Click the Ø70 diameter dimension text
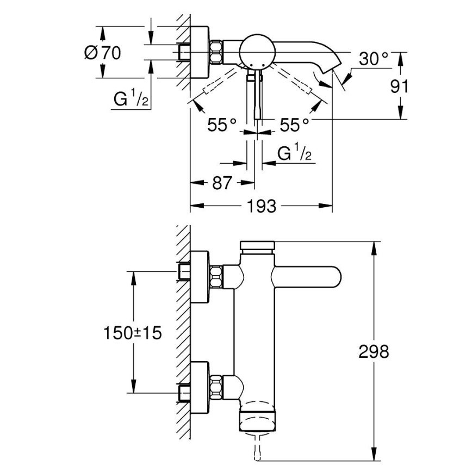click(x=103, y=53)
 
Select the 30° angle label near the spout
click(x=374, y=58)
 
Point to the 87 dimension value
click(x=222, y=183)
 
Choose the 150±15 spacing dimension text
click(x=133, y=333)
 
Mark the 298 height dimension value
click(x=374, y=351)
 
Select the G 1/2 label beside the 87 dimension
click(x=294, y=154)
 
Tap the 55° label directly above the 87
click(x=222, y=126)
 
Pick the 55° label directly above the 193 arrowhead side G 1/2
click(x=294, y=126)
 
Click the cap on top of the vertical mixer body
click(x=258, y=245)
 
